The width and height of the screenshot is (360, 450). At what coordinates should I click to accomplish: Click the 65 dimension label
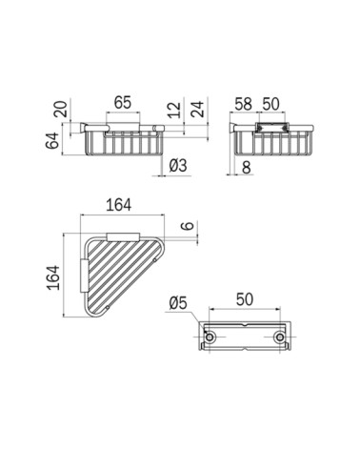click(123, 102)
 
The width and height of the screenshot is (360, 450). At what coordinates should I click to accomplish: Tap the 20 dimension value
click(61, 110)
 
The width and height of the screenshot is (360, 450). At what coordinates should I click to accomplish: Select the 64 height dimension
click(52, 140)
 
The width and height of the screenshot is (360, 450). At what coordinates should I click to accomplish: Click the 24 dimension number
click(197, 109)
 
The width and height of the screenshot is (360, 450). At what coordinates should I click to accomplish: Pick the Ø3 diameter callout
click(178, 166)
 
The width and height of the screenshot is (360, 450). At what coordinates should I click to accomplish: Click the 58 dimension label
click(243, 104)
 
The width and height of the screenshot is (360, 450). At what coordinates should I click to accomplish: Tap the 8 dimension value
click(247, 167)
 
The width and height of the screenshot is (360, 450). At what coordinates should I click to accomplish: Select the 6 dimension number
click(188, 225)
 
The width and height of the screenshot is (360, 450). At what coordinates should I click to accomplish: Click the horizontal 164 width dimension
click(118, 205)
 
